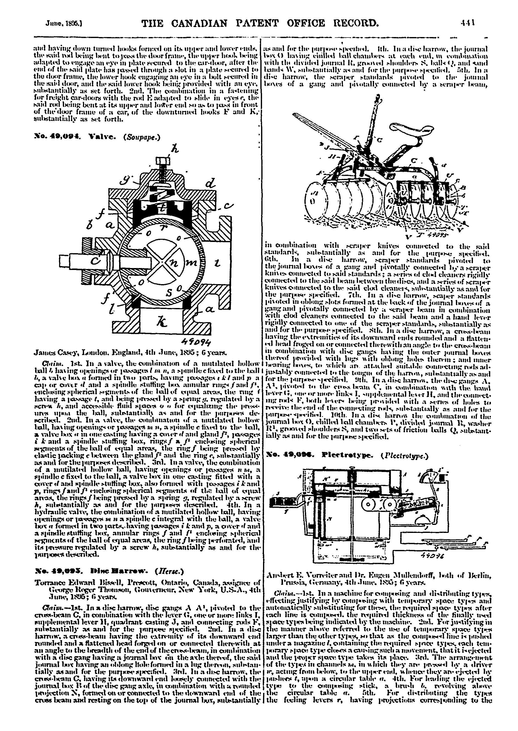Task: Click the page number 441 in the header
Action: tap(468, 23)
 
